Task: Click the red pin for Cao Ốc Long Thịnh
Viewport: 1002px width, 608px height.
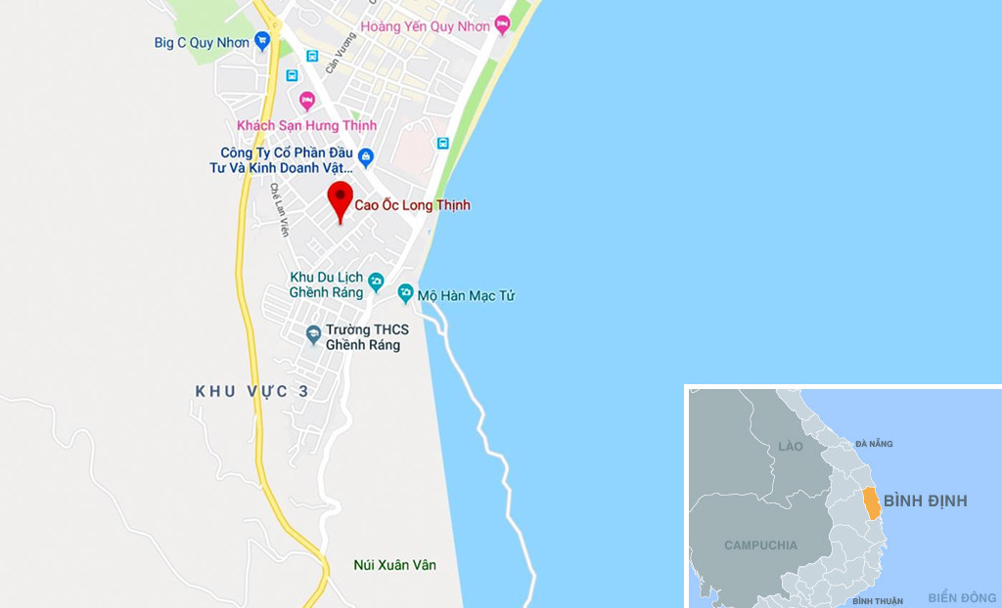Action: pos(340,198)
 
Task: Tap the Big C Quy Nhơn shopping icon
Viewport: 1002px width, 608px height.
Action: pos(261,41)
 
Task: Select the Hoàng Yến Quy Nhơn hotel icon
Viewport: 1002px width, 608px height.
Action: pos(502,23)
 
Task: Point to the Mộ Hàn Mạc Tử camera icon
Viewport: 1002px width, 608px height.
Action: pos(405,293)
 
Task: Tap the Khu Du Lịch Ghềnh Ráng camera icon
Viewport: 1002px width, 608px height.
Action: pos(376,283)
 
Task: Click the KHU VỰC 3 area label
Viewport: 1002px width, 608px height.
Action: pos(252,391)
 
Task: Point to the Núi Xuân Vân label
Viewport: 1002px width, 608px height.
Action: pos(394,565)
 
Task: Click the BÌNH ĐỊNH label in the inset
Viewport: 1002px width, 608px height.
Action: pos(925,500)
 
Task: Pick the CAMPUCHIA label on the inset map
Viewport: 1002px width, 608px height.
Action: pos(760,544)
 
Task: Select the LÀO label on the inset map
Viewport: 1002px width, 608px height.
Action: pos(790,447)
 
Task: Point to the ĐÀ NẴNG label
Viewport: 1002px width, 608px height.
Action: pos(874,444)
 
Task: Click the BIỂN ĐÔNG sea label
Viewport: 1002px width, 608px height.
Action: pos(962,597)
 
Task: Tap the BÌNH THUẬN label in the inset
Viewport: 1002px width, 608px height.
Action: pos(877,600)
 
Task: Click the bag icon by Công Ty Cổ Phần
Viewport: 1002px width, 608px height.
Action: pos(366,156)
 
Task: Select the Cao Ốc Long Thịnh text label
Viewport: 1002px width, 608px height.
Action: pos(412,205)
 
